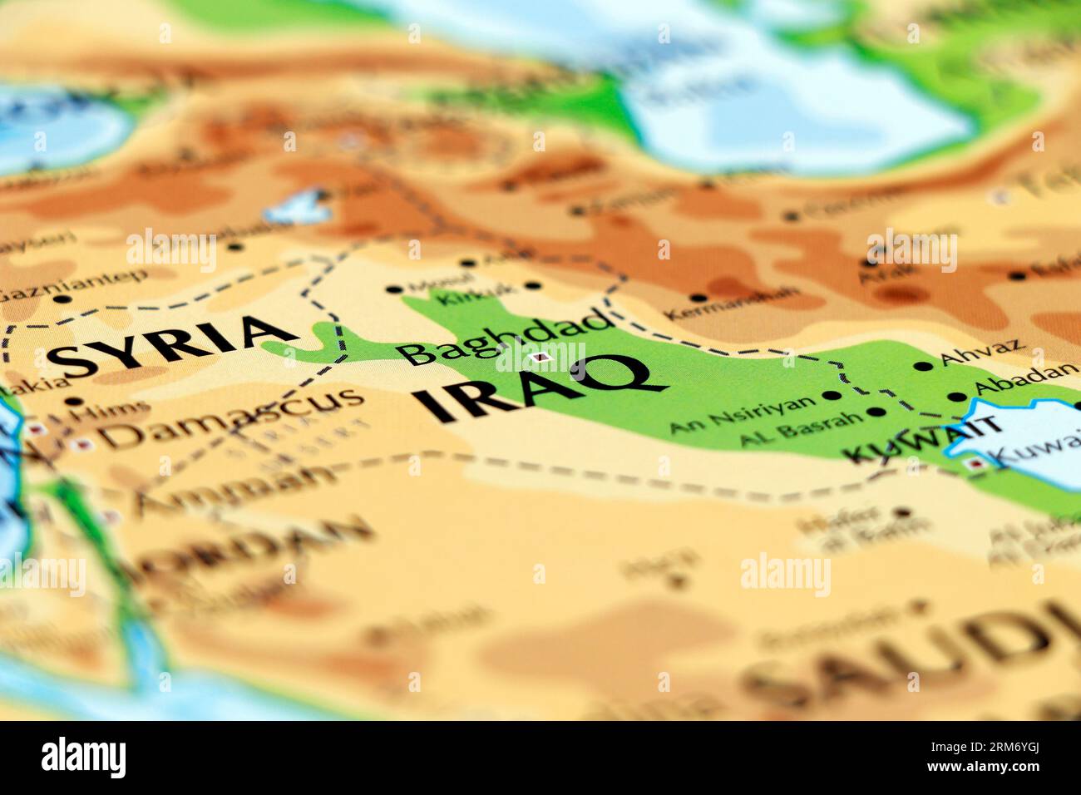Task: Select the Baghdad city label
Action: (503, 337)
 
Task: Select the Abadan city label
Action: (1024, 379)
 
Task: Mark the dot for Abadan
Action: (962, 397)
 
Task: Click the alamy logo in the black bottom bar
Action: (83, 758)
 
